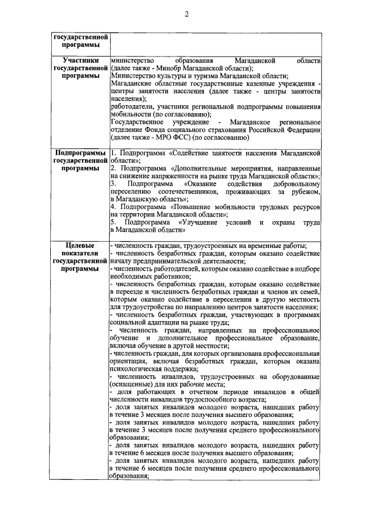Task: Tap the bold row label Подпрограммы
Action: [78, 153]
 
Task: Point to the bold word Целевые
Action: [78, 245]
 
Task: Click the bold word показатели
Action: [78, 253]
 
